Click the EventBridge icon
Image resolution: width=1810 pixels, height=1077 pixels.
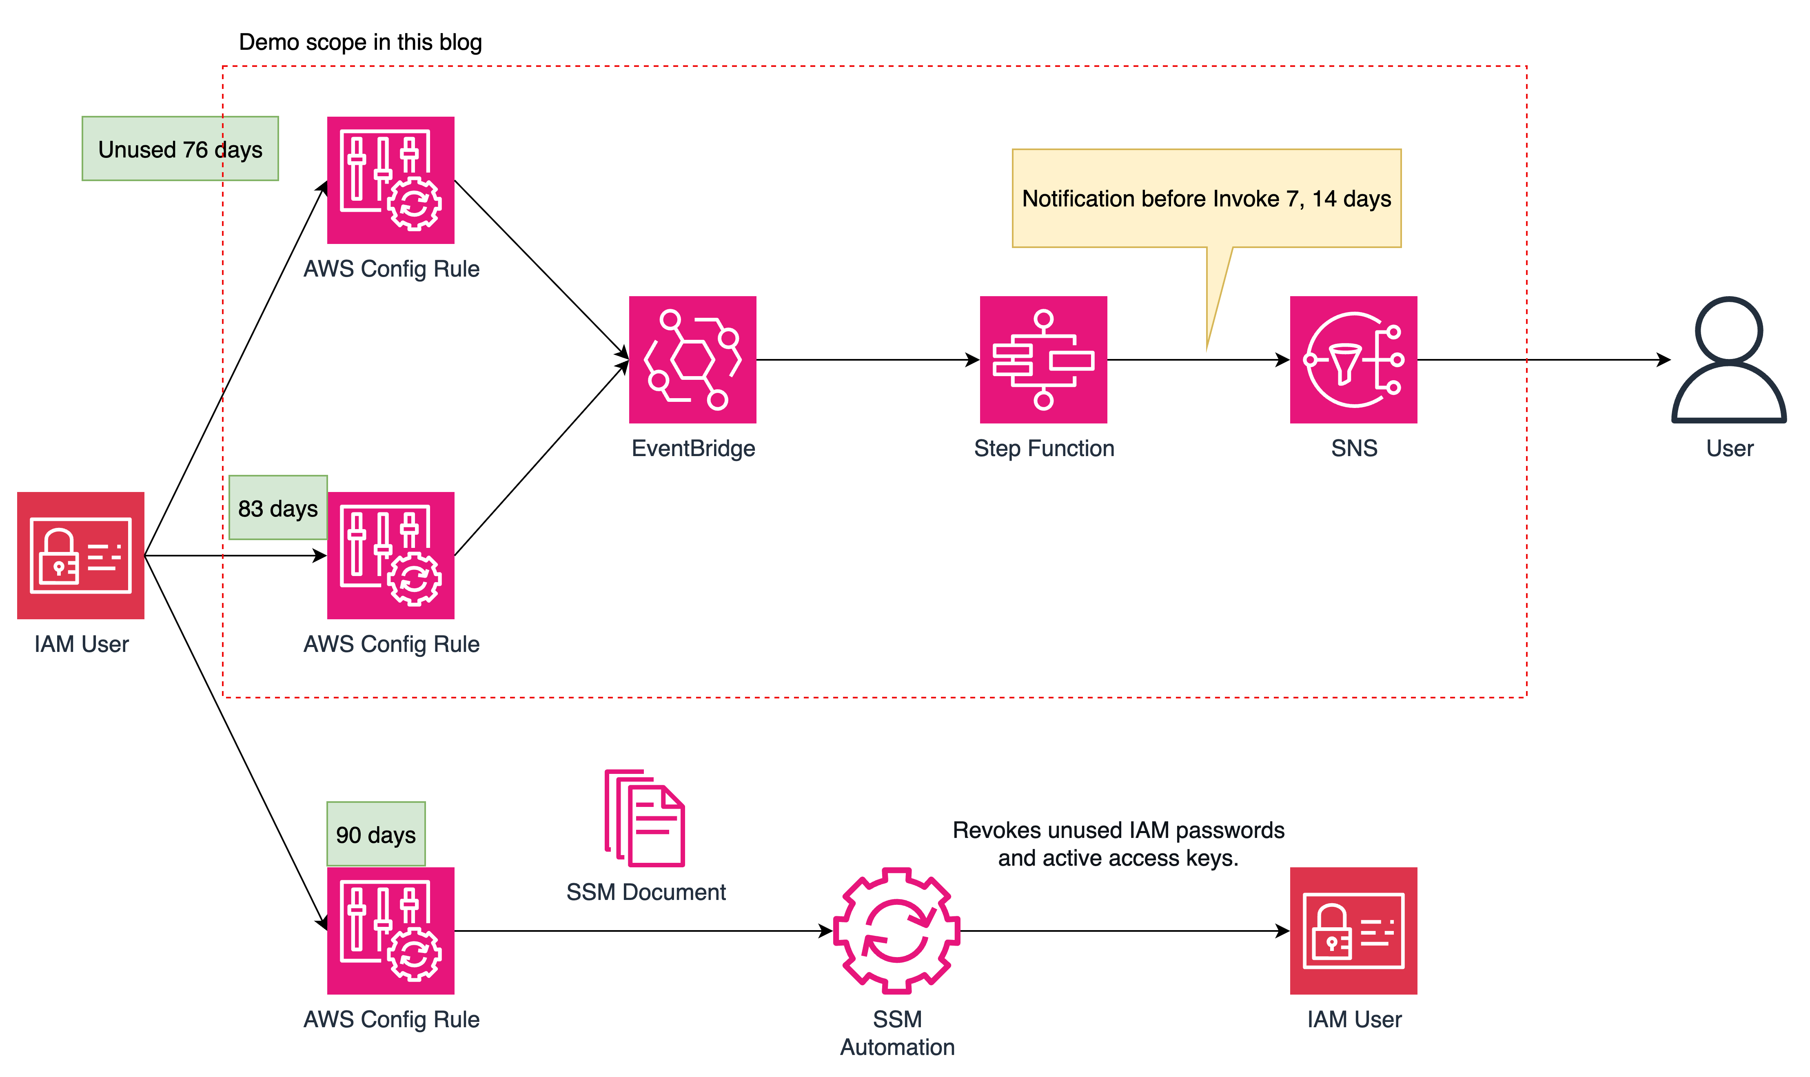692,359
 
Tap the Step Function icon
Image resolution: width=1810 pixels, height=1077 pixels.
1043,359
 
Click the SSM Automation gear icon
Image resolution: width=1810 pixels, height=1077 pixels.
896,931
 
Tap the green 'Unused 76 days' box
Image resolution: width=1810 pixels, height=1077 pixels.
180,149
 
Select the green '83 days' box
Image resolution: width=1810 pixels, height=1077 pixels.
278,508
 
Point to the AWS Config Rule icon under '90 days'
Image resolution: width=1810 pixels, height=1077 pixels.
390,931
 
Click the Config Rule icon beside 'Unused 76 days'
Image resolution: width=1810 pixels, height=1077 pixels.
390,180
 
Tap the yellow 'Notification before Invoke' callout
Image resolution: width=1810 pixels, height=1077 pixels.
1206,198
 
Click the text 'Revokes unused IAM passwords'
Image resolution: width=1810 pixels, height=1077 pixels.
1118,829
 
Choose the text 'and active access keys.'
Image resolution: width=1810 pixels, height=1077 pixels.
1118,858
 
